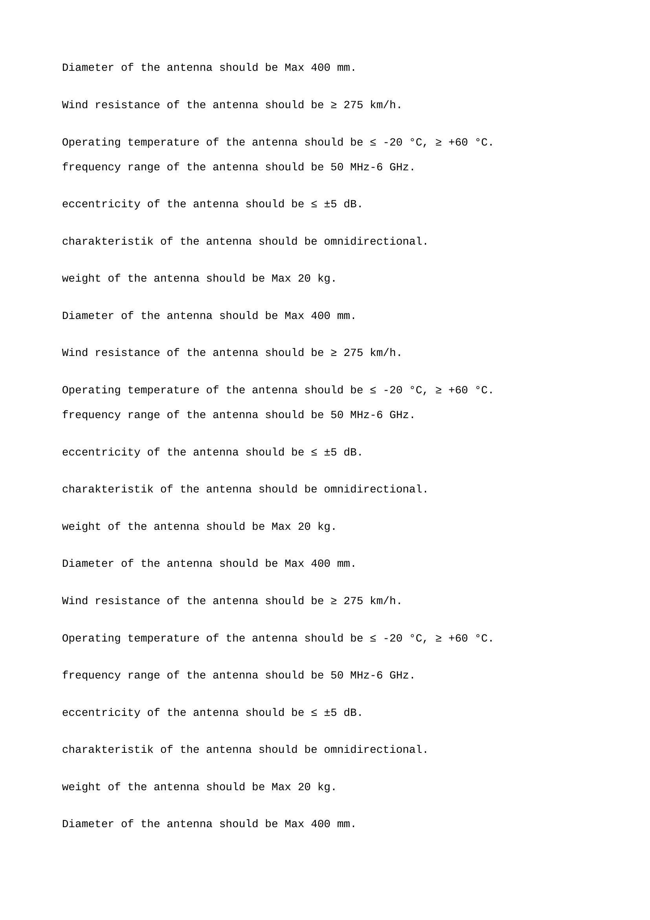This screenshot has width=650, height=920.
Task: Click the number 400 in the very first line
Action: [x=320, y=68]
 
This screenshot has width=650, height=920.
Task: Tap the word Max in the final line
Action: [x=294, y=824]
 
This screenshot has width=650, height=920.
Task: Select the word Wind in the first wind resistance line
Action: [x=75, y=105]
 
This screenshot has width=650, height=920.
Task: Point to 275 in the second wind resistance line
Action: [x=353, y=352]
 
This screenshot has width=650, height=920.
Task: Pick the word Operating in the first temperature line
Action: [x=91, y=142]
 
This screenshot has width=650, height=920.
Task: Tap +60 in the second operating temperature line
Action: [x=458, y=390]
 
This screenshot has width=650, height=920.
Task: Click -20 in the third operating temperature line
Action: [x=393, y=638]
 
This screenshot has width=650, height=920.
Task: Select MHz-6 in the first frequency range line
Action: [x=366, y=167]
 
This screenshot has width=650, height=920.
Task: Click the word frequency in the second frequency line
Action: [x=91, y=415]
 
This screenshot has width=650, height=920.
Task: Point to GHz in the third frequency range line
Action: [x=399, y=675]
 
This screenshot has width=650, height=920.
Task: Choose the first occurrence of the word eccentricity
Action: [x=101, y=204]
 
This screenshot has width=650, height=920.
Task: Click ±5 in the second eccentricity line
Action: [x=330, y=452]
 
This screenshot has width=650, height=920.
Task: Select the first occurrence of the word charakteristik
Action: [x=107, y=241]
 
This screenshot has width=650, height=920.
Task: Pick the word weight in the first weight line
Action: [x=81, y=278]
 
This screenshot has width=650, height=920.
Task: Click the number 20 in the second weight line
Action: [x=304, y=527]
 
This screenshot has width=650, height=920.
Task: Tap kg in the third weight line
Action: [x=324, y=787]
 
